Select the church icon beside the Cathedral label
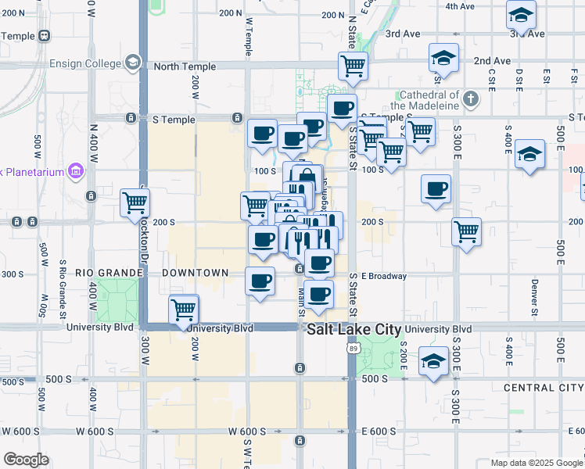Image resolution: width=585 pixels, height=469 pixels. coord(470,99)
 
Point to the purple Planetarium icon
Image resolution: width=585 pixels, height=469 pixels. coord(76,170)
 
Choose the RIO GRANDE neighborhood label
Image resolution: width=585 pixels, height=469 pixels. coord(109,273)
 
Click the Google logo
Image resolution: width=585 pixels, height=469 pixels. coord(26,460)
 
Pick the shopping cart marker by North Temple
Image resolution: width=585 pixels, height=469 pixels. coord(353,66)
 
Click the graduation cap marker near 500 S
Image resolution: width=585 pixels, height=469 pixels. coord(433,362)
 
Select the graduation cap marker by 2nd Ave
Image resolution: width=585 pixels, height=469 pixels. coord(443,58)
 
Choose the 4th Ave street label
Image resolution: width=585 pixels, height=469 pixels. coord(460,6)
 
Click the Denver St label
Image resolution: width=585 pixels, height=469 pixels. coord(535,293)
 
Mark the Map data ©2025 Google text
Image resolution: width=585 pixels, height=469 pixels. coord(536,462)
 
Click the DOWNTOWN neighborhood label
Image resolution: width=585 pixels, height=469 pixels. coord(196,273)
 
